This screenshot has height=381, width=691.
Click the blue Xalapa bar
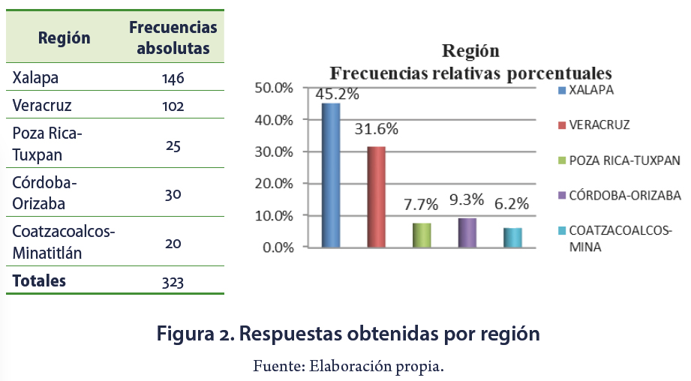click(x=331, y=175)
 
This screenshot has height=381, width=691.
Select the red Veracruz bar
click(x=376, y=196)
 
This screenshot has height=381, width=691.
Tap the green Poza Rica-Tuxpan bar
click(x=422, y=235)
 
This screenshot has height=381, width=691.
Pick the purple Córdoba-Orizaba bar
click(x=467, y=232)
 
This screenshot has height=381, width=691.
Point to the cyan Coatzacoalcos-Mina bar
click(x=512, y=237)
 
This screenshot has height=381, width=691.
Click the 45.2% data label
click(x=338, y=94)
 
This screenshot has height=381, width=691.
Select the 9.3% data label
click(x=466, y=203)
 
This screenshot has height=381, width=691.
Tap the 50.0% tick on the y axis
click(x=274, y=88)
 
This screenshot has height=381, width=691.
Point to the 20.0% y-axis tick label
click(x=274, y=184)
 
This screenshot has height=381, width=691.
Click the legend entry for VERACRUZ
click(x=599, y=124)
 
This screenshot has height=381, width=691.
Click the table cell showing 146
click(x=173, y=78)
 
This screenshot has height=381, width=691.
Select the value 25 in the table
click(x=173, y=145)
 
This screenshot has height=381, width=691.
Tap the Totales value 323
click(x=173, y=283)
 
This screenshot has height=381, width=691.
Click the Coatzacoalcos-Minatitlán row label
click(x=64, y=241)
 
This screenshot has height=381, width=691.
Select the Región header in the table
click(x=65, y=38)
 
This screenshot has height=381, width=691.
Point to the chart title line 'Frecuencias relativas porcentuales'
click(x=471, y=73)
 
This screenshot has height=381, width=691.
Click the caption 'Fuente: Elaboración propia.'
click(x=348, y=366)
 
